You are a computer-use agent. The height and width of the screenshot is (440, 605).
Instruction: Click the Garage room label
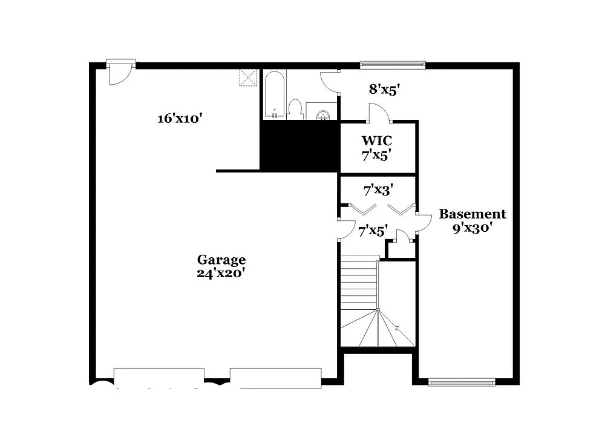coord(221,260)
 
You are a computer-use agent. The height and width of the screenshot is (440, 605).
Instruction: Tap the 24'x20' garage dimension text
coord(221,272)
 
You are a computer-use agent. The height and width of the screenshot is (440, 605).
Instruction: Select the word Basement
coord(473,214)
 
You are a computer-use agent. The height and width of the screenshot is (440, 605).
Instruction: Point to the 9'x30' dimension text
coord(473,228)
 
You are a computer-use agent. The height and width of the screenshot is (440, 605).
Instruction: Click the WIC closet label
coord(377,141)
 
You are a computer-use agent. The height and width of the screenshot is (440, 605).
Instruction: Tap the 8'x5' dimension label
coord(385,90)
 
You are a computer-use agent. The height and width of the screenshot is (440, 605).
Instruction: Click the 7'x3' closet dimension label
coord(379,190)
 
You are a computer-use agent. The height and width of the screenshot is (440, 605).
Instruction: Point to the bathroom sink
coord(322,113)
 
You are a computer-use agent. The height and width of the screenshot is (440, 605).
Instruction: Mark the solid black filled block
coord(299,145)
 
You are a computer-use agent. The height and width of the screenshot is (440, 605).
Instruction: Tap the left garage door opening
coord(159,376)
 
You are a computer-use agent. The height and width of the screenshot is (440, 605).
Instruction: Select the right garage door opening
coord(275,376)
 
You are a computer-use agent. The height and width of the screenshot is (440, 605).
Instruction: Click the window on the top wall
coord(393,64)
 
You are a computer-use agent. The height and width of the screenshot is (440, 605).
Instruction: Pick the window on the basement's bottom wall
coord(462,381)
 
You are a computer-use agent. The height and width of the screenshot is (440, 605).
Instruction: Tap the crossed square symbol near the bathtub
coord(249,78)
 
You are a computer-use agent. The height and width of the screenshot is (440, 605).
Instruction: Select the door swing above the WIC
coord(379,113)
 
